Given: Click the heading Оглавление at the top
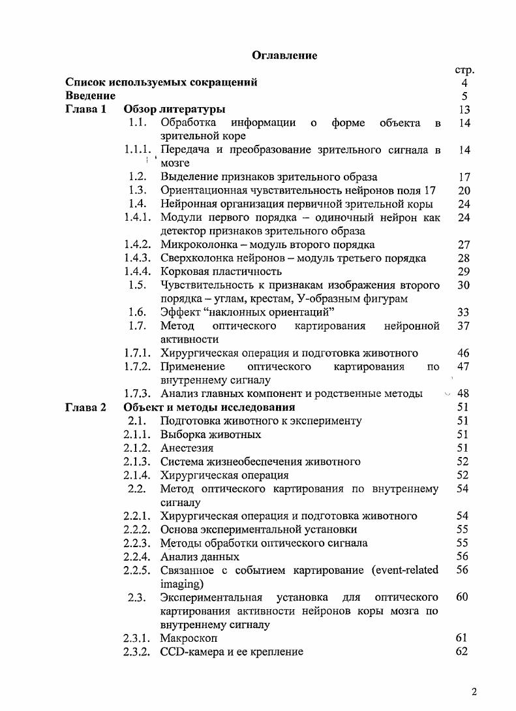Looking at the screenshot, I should pos(284,55).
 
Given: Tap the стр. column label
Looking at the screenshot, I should pos(463,69).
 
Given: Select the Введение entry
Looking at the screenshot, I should pos(90,96).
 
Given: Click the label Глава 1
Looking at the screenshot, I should pos(85,110).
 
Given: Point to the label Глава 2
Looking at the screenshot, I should pos(85,407).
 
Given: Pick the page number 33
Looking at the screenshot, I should pos(464,312).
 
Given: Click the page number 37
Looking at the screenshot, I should pos(464,326).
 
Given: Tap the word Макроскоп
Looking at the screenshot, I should pos(189,638).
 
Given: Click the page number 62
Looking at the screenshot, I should pos(463,651).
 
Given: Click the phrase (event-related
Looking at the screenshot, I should pos(405,570).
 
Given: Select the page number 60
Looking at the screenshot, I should pos(463,597).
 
